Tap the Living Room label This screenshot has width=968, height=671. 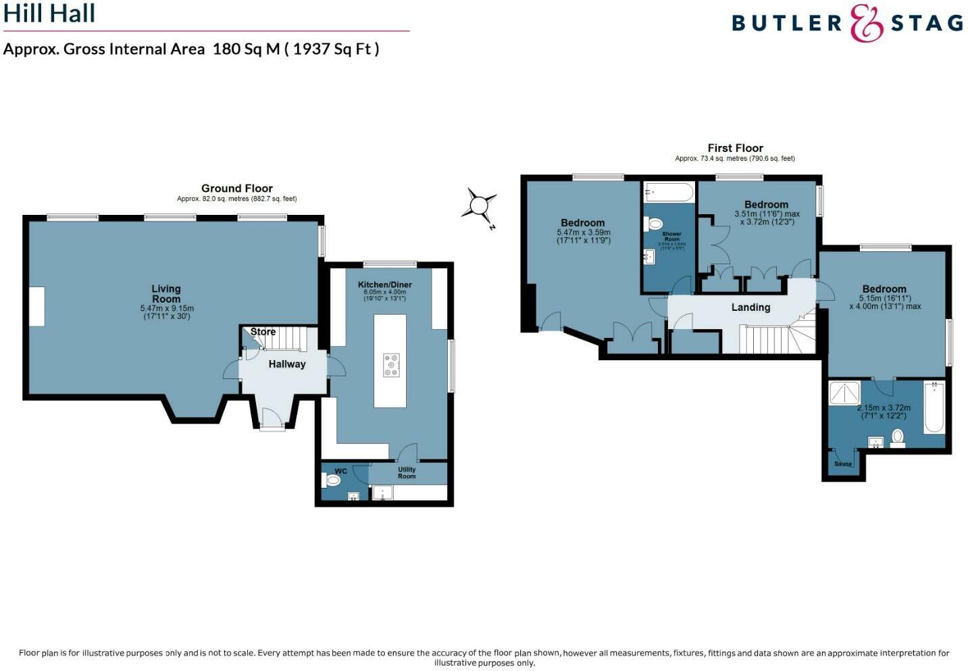[166, 294]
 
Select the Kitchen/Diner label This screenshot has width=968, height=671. [384, 284]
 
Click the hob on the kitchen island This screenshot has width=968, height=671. [391, 365]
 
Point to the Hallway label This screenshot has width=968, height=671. [287, 364]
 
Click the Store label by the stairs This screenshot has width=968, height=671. [263, 332]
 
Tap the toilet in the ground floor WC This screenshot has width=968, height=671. [333, 480]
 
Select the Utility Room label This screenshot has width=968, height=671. [407, 473]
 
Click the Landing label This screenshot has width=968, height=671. [750, 307]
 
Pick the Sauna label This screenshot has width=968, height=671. [843, 464]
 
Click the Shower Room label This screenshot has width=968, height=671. [671, 237]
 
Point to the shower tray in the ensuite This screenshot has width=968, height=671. [844, 393]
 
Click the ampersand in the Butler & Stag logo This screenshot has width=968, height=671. [866, 23]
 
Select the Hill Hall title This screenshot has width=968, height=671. [49, 14]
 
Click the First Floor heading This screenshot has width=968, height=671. [735, 148]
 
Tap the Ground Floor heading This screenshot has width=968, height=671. [236, 189]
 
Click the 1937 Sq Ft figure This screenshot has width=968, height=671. [335, 49]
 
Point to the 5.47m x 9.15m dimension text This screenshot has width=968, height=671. [167, 309]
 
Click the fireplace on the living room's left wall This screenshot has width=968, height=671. [36, 307]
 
